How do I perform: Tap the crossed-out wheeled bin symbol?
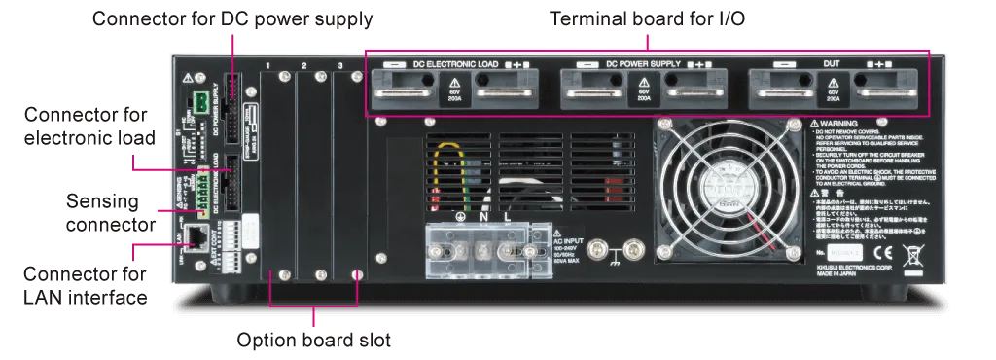(913, 257)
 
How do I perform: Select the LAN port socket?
(196, 234)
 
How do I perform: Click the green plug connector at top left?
(199, 101)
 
